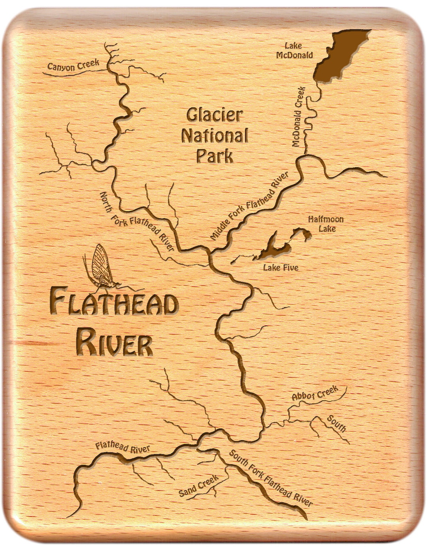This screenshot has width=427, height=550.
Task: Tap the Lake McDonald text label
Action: coord(294,51)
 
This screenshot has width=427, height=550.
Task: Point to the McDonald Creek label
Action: coord(299,117)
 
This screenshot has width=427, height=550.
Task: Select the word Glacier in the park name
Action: coord(214,115)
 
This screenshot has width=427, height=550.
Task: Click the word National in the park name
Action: coord(215,136)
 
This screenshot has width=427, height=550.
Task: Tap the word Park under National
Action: coord(214,156)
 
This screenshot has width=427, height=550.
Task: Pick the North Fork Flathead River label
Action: coord(137,221)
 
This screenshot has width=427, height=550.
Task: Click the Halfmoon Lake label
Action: coord(326,224)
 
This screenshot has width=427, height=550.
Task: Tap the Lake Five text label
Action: coord(281,268)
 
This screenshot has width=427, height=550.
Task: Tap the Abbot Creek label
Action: coord(315,393)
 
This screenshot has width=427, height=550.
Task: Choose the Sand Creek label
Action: coord(198,486)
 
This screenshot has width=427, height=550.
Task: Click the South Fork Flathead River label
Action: coord(271,478)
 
